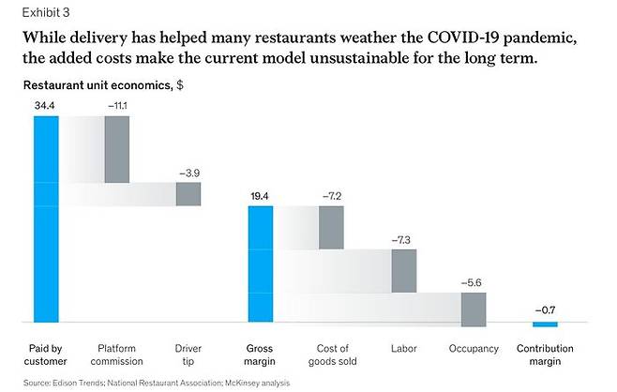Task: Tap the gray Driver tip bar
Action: point(188,194)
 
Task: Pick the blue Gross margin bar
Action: point(260,265)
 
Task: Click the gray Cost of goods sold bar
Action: point(331,228)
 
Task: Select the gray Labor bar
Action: point(402,271)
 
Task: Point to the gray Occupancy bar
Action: point(474,309)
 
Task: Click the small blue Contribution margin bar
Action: point(545,324)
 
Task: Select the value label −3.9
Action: point(188,173)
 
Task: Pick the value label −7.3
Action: point(402,241)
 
